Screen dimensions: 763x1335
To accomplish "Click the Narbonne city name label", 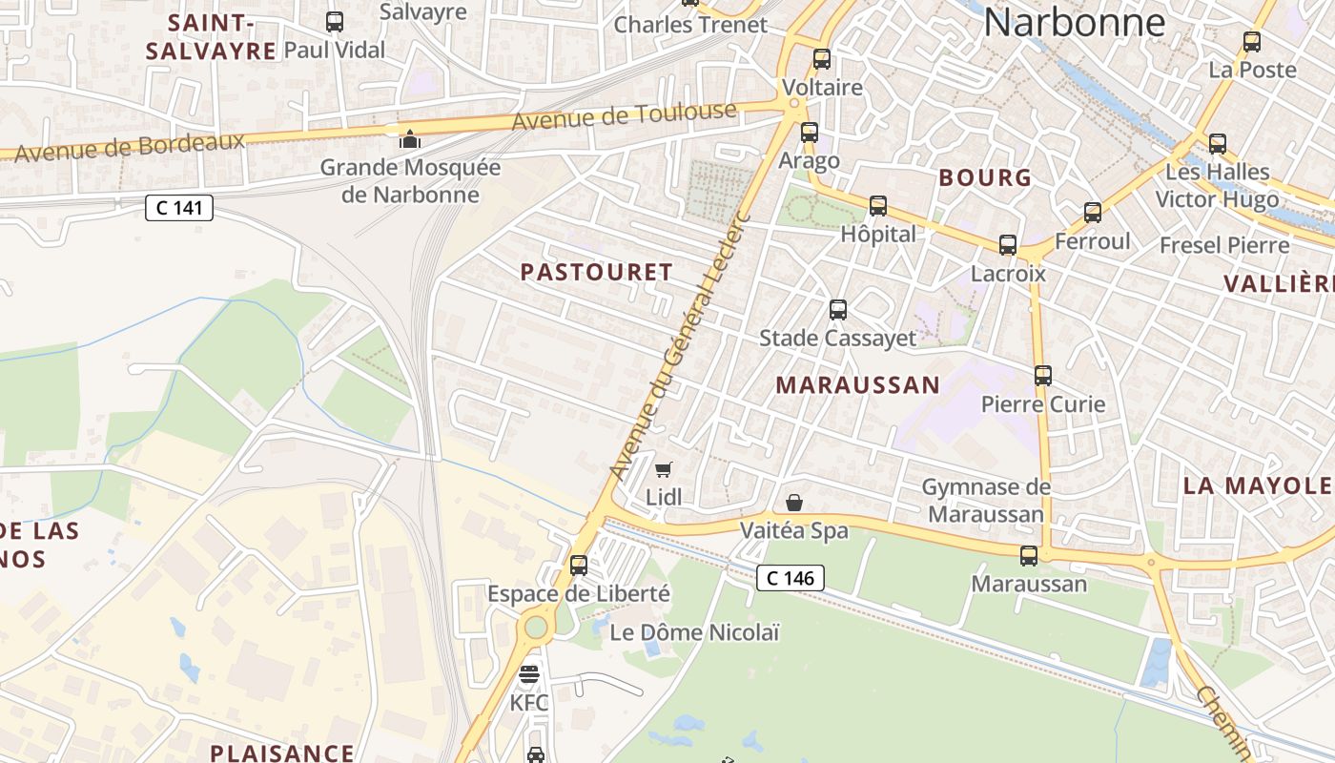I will (1074, 22).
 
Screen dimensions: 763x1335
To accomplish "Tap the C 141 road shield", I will (178, 207).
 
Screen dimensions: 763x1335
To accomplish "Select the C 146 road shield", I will (790, 577).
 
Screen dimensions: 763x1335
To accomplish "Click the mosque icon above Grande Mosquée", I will (410, 139).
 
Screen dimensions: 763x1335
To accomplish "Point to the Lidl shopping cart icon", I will (664, 468).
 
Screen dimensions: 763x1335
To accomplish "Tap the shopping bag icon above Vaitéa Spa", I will (793, 502).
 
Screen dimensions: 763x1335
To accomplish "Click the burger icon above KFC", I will (529, 674).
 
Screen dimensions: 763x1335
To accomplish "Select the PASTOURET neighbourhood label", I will (597, 272).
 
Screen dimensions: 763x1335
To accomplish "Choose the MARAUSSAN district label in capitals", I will (857, 385).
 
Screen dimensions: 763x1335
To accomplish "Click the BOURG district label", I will (985, 177).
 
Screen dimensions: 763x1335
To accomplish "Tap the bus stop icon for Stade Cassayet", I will (837, 309).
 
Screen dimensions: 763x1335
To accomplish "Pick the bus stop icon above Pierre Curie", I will (1042, 375).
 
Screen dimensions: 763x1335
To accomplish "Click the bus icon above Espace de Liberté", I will (578, 565).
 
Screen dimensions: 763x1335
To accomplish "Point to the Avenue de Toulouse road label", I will (625, 116).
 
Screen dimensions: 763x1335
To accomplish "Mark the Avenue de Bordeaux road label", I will (130, 147).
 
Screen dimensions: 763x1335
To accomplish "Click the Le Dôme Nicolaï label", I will (694, 632).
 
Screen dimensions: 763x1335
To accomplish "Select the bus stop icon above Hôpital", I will (877, 205).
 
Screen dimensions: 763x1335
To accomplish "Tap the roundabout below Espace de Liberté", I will (536, 627).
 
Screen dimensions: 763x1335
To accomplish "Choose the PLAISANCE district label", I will (282, 753).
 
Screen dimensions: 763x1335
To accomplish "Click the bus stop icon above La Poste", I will (1251, 42).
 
